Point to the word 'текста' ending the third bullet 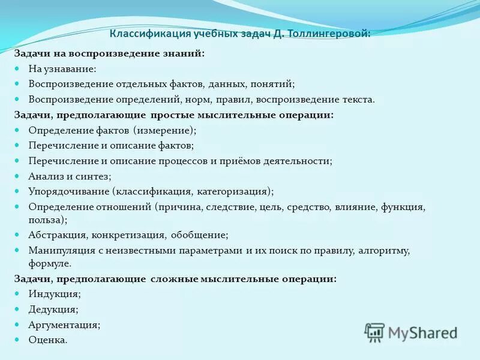tap(359, 100)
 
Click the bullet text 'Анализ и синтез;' tap(70, 176)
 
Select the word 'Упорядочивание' tap(68, 191)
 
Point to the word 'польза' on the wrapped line tap(46, 220)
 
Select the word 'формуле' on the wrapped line tap(49, 263)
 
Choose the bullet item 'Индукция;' tap(55, 294)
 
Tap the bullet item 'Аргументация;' tap(64, 325)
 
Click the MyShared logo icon tap(374, 332)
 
